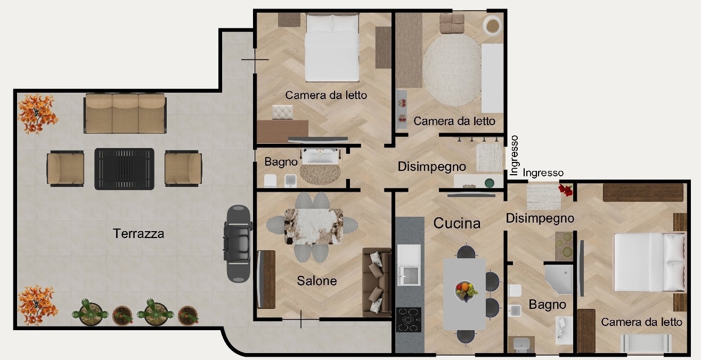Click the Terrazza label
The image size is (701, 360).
138,234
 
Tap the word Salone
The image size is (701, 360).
317,281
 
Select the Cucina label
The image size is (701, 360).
457,223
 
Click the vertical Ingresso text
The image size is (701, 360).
514,156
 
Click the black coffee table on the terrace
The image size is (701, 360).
125,169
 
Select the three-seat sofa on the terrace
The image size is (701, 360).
125,113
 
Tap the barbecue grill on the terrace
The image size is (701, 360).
238,244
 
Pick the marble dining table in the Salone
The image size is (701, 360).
314,226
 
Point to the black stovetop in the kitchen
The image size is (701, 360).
409,320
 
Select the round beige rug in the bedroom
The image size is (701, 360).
453,70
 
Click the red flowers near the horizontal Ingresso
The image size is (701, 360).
566,190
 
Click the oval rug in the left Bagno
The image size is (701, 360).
320,174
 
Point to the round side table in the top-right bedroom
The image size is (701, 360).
493,24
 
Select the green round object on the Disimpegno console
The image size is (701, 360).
489,183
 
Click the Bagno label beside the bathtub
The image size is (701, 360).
281,162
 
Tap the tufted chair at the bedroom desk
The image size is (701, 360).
283,112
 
